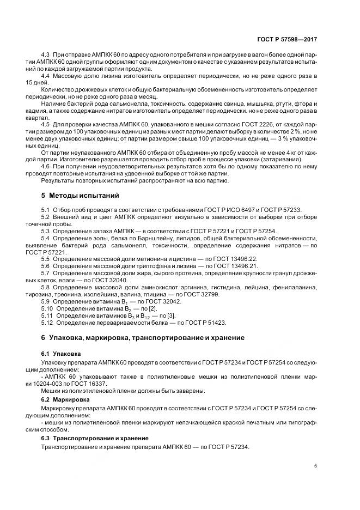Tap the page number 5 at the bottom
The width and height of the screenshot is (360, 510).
[316, 465]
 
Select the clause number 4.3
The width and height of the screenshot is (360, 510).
[46, 57]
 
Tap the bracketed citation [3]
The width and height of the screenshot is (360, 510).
[155, 315]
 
